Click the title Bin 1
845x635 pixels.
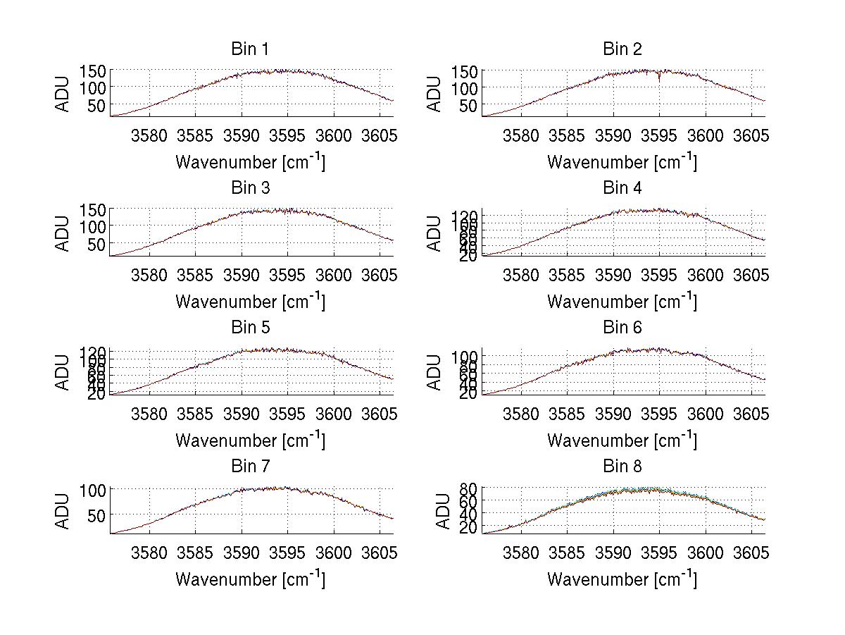pyautogui.click(x=250, y=49)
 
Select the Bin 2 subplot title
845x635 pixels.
pyautogui.click(x=622, y=49)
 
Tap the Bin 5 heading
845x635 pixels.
pyautogui.click(x=250, y=327)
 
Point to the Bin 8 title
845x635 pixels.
pyautogui.click(x=622, y=466)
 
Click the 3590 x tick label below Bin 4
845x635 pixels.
pyautogui.click(x=613, y=275)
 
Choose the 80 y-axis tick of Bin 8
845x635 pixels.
pyautogui.click(x=469, y=488)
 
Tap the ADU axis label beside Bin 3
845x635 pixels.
pyautogui.click(x=63, y=232)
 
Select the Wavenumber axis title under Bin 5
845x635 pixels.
pyautogui.click(x=250, y=440)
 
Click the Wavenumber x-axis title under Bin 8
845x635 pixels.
pyautogui.click(x=622, y=579)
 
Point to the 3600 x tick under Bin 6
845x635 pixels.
pyautogui.click(x=705, y=414)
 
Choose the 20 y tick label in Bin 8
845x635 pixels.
pyautogui.click(x=469, y=527)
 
